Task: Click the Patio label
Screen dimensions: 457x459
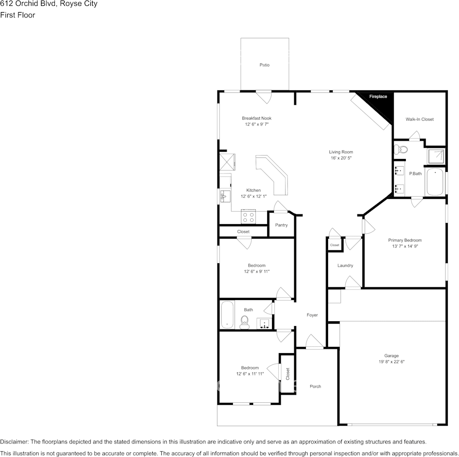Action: [x=264, y=65]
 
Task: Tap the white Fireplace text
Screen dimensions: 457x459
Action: [x=378, y=97]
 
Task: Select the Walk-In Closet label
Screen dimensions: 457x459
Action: [x=419, y=119]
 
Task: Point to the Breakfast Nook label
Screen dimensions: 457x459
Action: [x=257, y=118]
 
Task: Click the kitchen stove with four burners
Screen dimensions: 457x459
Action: [x=249, y=217]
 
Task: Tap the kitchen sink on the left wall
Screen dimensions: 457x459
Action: [x=224, y=196]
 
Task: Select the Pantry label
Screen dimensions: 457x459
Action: [x=281, y=225]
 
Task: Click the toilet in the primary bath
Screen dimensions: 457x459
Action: [x=401, y=149]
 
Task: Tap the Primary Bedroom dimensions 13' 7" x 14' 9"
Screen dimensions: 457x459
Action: [x=405, y=246]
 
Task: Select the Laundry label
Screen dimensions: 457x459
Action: [x=345, y=266]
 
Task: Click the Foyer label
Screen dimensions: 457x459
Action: [x=312, y=315]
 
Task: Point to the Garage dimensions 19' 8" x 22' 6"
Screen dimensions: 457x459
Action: [x=391, y=362]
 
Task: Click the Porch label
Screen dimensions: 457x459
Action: [x=315, y=386]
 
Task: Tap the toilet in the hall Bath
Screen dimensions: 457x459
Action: [x=244, y=321]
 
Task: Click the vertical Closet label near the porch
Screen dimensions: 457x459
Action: [x=287, y=373]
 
